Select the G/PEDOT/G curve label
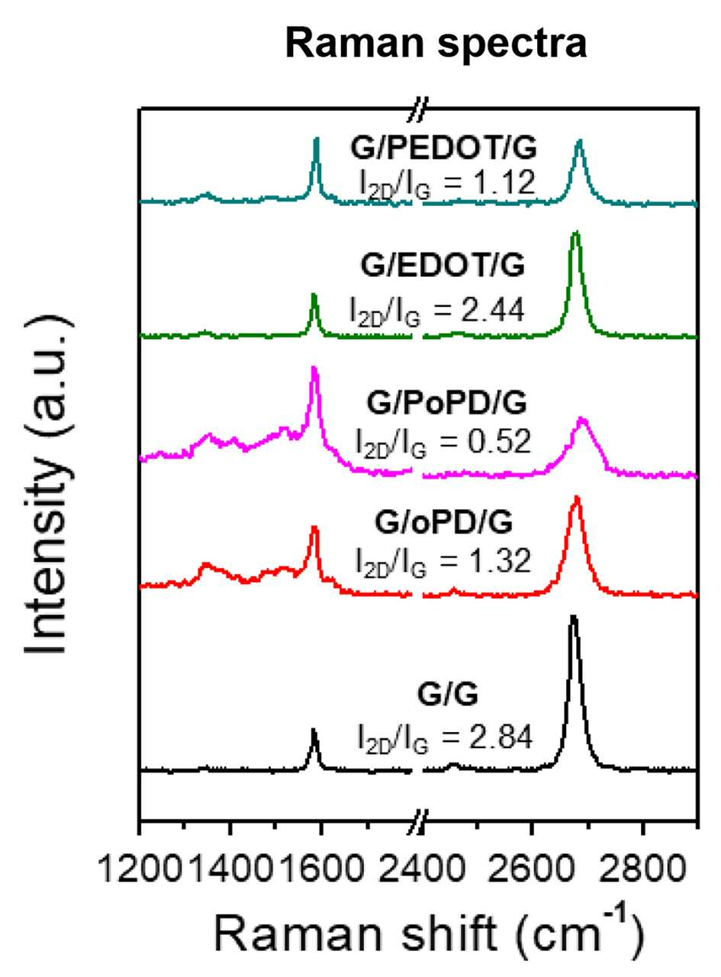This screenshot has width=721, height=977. point(443,148)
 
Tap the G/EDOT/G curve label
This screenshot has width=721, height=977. point(443,266)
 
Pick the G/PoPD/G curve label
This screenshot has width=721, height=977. point(446,403)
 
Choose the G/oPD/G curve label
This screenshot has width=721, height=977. point(444,523)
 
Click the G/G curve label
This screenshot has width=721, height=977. point(447,695)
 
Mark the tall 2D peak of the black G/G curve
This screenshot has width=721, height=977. point(573,617)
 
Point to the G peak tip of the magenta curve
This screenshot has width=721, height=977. point(314,368)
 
